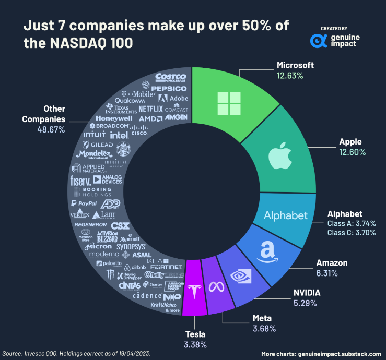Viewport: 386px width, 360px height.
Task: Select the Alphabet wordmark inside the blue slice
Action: point(286,215)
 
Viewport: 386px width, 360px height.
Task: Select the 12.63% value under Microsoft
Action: point(290,75)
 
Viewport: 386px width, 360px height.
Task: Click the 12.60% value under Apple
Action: point(352,152)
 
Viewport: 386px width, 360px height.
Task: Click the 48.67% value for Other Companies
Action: point(51,129)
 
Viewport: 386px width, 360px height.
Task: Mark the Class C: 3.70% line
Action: point(352,233)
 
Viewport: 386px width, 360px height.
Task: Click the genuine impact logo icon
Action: point(319,40)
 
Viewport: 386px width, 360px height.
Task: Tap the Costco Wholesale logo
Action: point(171,78)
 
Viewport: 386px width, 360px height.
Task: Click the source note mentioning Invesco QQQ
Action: point(76,354)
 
